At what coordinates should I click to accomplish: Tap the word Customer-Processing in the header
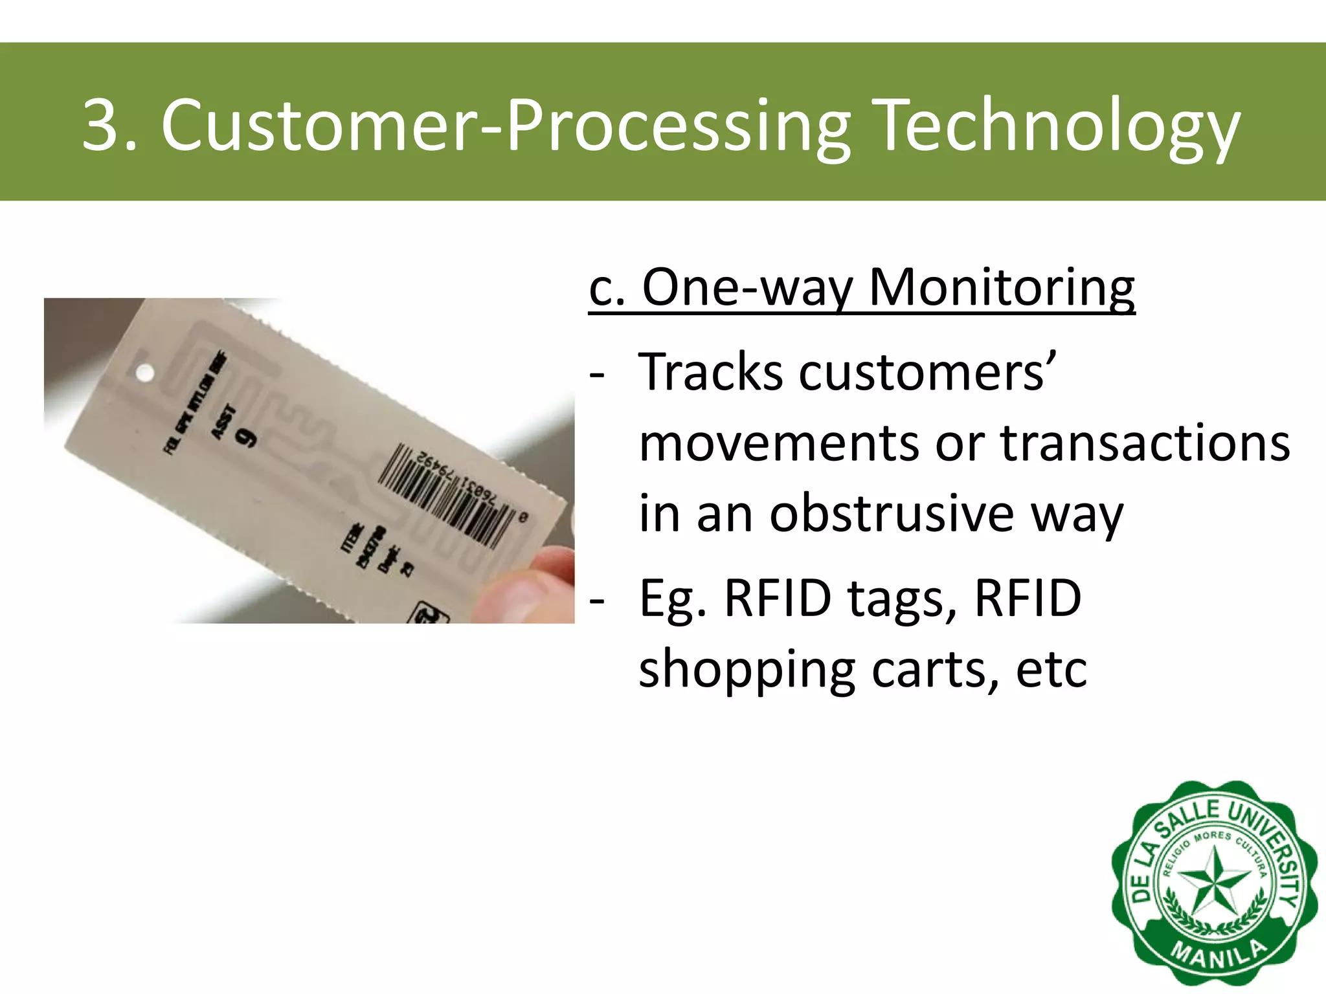click(x=505, y=127)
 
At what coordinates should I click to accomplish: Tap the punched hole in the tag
click(x=145, y=373)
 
